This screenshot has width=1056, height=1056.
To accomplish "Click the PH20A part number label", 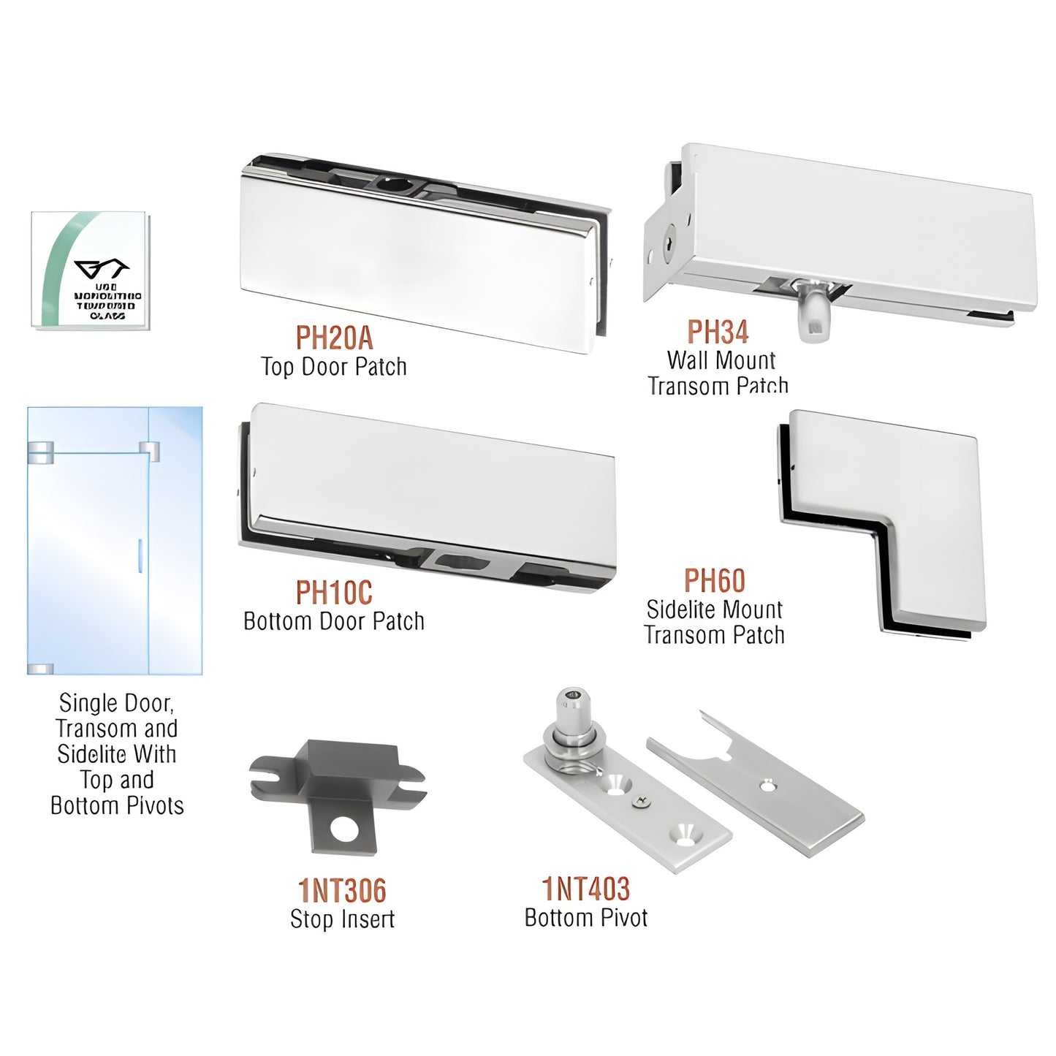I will pos(334,338).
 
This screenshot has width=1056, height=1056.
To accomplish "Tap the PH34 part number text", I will pos(718,333).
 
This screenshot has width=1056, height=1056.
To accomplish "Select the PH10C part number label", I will pos(334,593).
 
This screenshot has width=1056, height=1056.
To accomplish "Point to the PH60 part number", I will pos(714,581).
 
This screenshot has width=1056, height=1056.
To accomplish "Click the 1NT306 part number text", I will pos(342,891).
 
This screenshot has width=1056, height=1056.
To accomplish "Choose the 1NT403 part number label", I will pos(585,889).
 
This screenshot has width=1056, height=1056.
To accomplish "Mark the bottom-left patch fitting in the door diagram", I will pos(40,668).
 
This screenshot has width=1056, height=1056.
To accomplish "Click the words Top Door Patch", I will pos(334,366).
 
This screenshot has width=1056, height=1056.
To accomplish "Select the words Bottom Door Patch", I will pos(334,621).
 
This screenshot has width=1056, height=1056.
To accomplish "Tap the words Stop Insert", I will pos(342,919).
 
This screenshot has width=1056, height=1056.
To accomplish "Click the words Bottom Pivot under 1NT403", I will pos(585,917).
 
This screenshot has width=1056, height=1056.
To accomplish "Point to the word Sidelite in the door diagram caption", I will pos(86,754).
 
